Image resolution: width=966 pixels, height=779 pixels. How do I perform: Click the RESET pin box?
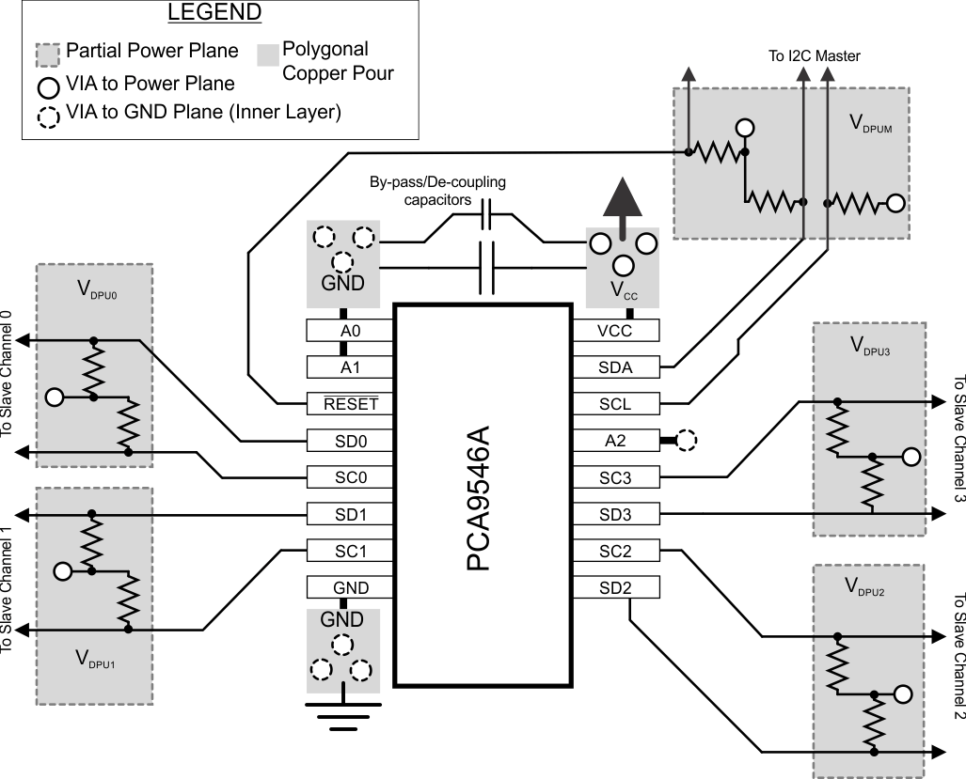tap(343, 404)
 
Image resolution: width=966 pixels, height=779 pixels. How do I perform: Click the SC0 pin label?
tap(343, 477)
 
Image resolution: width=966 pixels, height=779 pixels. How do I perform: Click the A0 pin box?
tap(343, 331)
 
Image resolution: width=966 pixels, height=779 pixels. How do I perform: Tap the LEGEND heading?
tap(214, 14)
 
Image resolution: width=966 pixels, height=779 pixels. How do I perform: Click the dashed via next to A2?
tap(687, 440)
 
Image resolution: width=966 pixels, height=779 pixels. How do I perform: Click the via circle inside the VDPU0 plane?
tap(55, 397)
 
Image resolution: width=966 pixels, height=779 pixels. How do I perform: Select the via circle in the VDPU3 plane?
tap(910, 458)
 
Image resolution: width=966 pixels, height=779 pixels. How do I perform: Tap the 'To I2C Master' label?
tap(814, 56)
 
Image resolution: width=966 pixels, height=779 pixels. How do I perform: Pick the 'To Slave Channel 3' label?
tap(957, 439)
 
